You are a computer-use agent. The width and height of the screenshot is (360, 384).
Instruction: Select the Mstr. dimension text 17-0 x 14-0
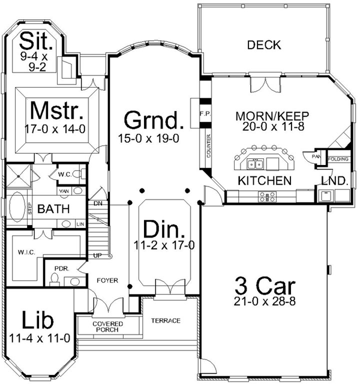(x=56, y=128)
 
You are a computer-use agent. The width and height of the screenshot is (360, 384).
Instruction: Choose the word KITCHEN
(x=265, y=180)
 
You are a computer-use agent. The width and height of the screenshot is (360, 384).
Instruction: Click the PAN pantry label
(x=316, y=156)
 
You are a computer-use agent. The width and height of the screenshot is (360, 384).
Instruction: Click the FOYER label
(x=106, y=280)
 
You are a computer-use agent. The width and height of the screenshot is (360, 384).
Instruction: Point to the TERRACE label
(x=165, y=320)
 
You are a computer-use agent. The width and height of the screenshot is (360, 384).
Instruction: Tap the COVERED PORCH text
(x=107, y=328)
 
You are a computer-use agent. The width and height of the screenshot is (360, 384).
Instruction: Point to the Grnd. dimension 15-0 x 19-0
(x=150, y=139)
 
